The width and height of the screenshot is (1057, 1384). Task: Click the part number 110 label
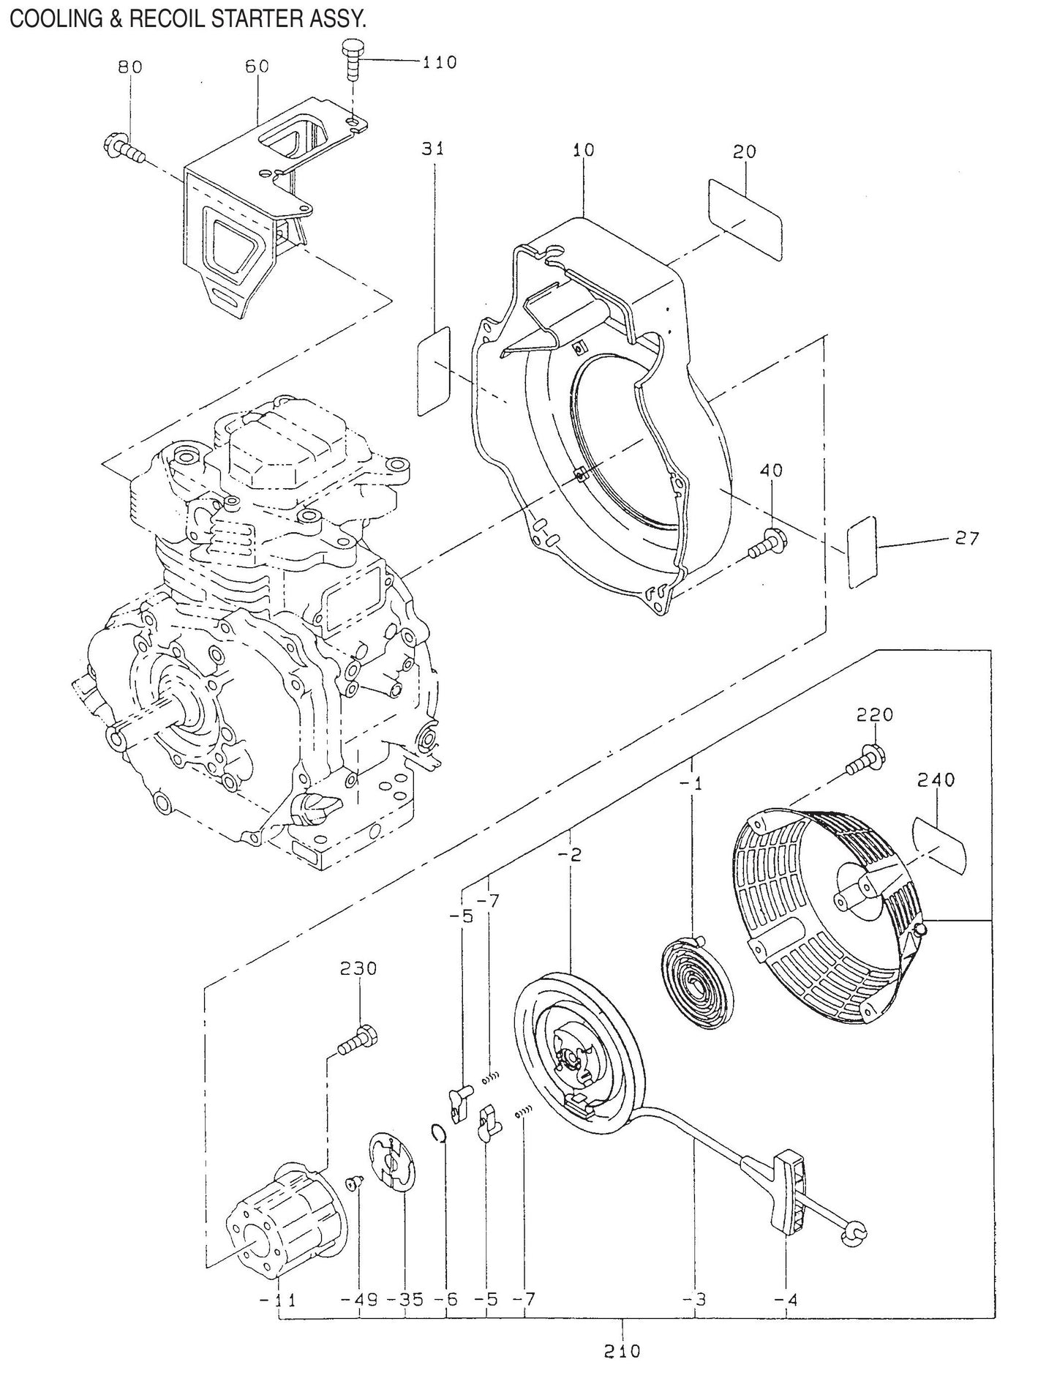pyautogui.click(x=439, y=62)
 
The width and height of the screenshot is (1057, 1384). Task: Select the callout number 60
pyautogui.click(x=257, y=66)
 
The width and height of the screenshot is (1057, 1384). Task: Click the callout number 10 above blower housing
pyautogui.click(x=583, y=150)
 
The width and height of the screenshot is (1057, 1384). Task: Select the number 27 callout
pyautogui.click(x=966, y=538)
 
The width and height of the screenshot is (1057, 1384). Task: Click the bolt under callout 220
pyautogui.click(x=864, y=759)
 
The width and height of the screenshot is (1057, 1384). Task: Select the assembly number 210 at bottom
pyautogui.click(x=622, y=1350)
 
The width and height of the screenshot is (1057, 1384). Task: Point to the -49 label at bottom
pyautogui.click(x=359, y=1299)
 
